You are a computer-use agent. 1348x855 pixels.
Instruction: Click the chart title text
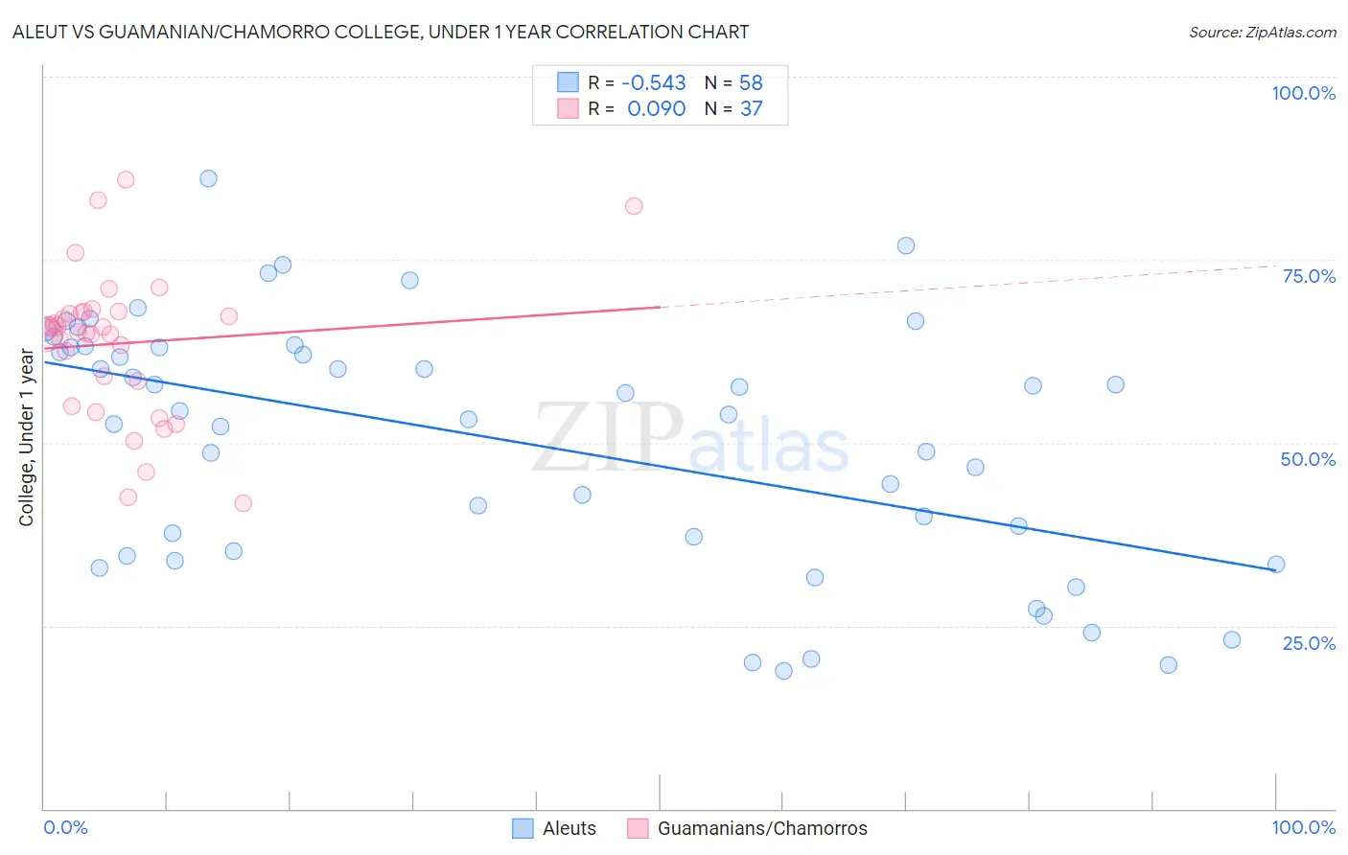tap(381, 32)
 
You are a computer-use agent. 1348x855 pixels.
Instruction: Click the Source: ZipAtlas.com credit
tap(1262, 33)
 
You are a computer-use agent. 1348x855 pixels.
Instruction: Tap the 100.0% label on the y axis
tap(1303, 93)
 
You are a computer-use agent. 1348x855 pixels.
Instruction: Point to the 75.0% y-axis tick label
tap(1309, 276)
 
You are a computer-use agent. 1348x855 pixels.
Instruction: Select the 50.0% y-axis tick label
tap(1308, 459)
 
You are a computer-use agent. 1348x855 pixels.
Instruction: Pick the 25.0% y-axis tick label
tap(1309, 642)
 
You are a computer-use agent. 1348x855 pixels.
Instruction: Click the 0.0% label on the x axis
tap(66, 827)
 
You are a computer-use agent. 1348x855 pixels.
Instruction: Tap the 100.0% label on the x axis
tap(1303, 827)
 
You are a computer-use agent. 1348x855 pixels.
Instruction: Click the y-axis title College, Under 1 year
tap(27, 438)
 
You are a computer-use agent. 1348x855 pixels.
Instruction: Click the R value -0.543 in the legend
tap(654, 83)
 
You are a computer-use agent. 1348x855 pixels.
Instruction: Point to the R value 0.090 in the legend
tap(656, 109)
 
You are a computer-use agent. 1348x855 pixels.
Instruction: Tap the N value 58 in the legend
tap(751, 83)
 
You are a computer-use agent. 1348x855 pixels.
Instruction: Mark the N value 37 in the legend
tap(751, 109)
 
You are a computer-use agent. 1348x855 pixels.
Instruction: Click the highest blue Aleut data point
tap(208, 178)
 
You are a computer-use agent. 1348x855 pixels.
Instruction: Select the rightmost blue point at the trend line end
tap(1276, 565)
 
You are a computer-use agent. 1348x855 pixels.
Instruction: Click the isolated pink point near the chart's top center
tap(634, 206)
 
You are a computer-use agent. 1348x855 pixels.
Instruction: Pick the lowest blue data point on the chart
tap(783, 671)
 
